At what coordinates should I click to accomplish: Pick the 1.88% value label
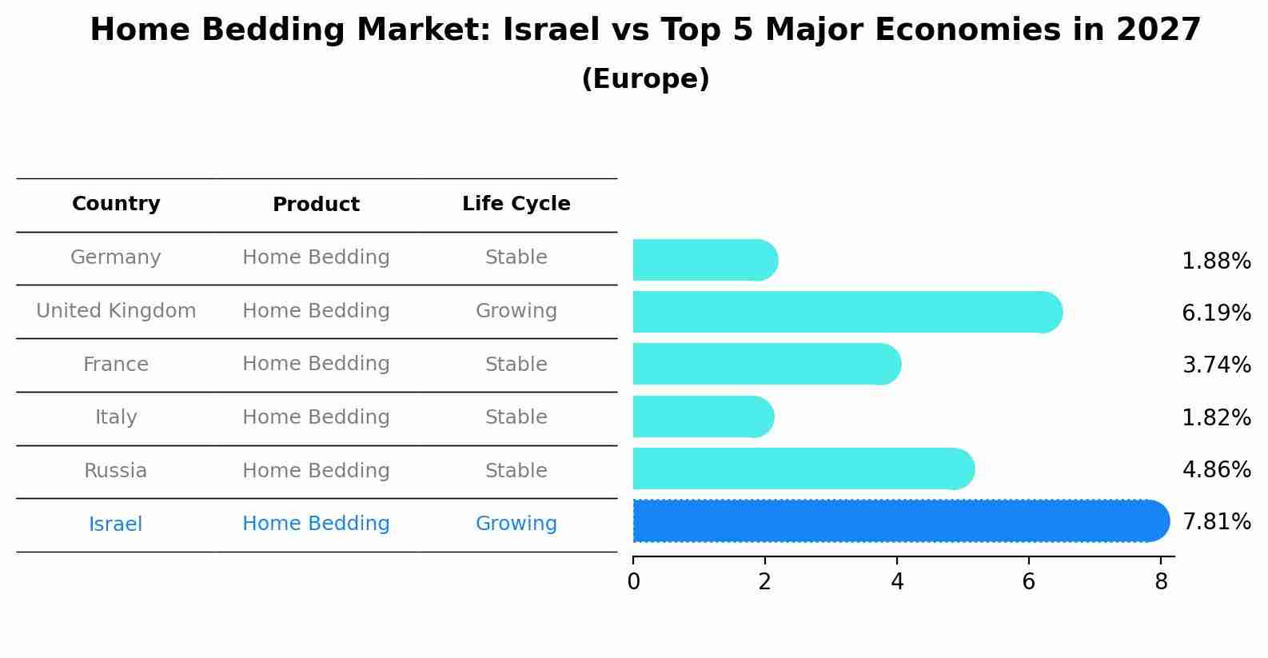(x=1215, y=261)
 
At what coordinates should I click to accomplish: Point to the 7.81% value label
(x=1215, y=522)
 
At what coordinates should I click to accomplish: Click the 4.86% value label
(x=1215, y=469)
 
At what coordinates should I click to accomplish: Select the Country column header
(x=116, y=204)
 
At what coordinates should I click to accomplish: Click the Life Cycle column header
(x=516, y=204)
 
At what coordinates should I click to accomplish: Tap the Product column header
(x=316, y=205)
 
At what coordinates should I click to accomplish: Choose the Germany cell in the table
(x=116, y=257)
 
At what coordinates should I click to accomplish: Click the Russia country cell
(x=116, y=471)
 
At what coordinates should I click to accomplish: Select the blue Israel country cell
(x=116, y=524)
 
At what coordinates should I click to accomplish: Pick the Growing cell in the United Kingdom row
(x=516, y=311)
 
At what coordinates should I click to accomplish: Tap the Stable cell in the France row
(x=516, y=365)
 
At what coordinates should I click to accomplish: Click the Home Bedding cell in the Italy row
(x=316, y=417)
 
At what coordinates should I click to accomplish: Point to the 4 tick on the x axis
(x=897, y=582)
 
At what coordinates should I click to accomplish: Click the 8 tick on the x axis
(x=1161, y=582)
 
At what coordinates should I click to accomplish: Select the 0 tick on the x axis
(x=633, y=582)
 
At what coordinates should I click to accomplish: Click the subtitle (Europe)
(x=645, y=79)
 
